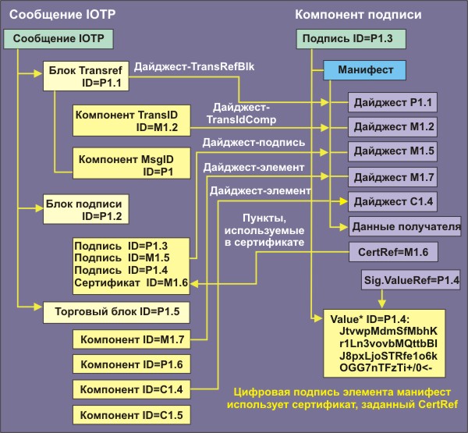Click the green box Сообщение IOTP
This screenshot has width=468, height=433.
click(58, 38)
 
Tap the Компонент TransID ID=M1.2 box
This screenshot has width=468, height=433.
click(125, 119)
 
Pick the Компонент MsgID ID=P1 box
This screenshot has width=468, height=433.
click(124, 165)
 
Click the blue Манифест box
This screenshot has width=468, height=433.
click(365, 70)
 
